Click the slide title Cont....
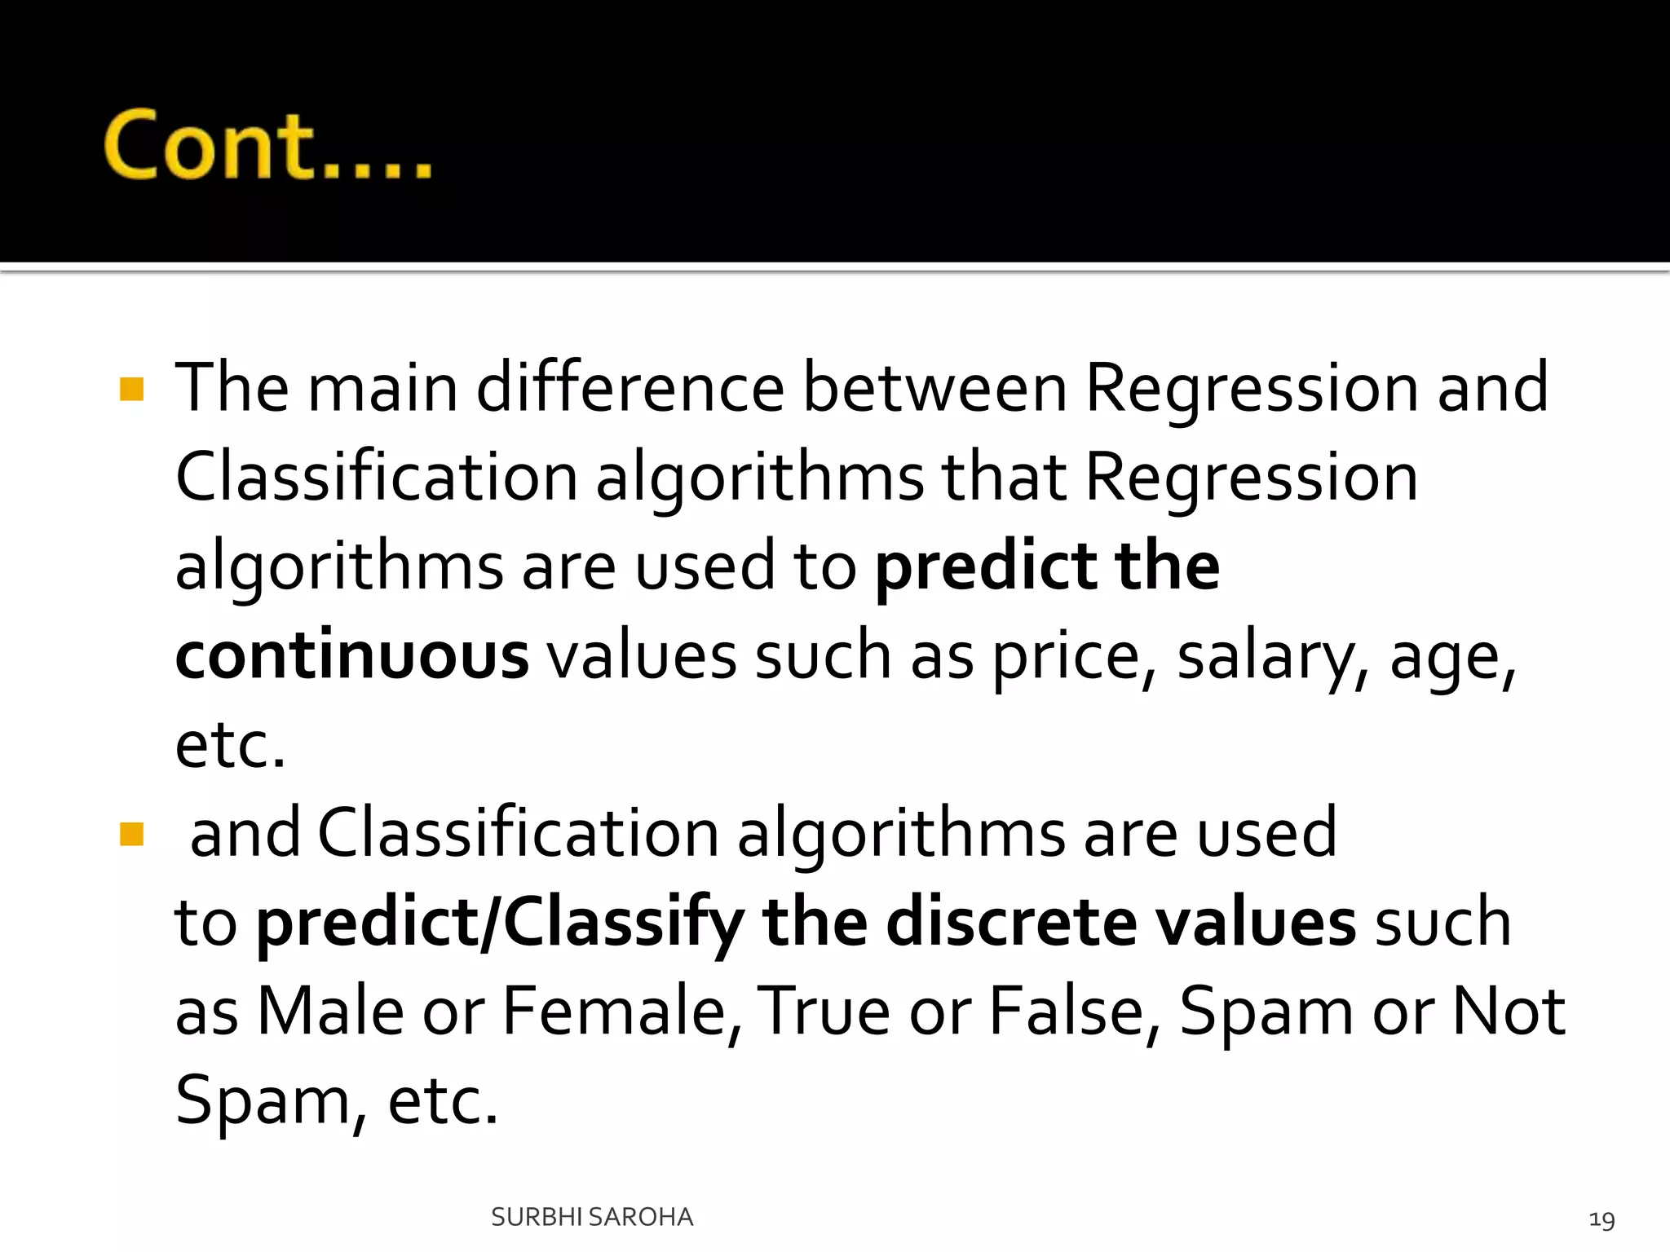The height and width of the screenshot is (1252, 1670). (267, 145)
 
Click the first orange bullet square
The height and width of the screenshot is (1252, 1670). (131, 389)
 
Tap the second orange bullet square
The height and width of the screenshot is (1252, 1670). (131, 834)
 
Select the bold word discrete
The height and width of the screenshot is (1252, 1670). (1011, 923)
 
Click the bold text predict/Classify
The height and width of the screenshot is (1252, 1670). (500, 924)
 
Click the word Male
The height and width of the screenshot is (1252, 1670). (330, 1012)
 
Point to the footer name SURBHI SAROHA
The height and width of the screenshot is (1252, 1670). (592, 1217)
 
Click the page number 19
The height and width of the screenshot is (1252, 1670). (1602, 1219)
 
